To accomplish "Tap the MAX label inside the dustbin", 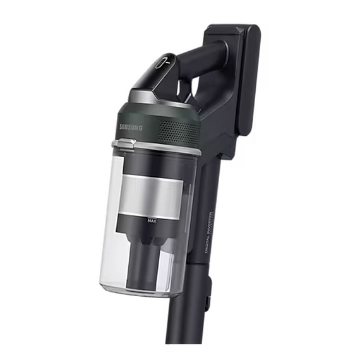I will click(152, 220).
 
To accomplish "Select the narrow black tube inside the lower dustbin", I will click(147, 265).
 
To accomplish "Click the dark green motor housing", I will click(161, 123).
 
